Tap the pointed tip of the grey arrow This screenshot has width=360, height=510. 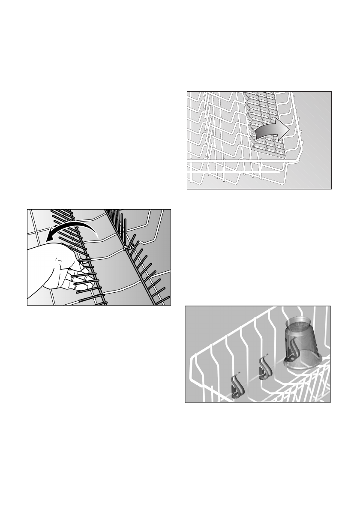point(290,127)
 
